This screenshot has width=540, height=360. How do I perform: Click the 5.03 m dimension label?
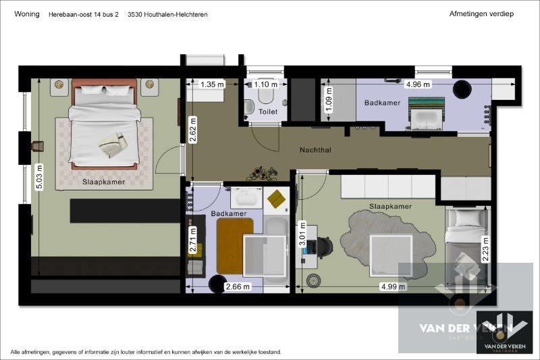(39, 177)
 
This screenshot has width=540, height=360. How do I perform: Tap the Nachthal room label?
(315, 150)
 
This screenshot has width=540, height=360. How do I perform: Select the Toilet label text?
(268, 111)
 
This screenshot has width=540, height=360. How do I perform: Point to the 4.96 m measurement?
(418, 84)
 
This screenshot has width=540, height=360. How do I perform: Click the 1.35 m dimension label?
(212, 84)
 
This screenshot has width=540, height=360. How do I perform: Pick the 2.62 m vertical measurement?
(193, 130)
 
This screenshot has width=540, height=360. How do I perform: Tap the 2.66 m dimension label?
(238, 286)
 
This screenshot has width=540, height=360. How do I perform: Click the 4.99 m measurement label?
(393, 286)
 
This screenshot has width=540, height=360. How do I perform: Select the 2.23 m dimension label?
(485, 250)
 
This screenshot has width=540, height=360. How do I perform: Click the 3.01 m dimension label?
(302, 234)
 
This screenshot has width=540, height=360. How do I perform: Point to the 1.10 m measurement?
(265, 84)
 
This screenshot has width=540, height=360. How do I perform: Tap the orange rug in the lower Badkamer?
(235, 246)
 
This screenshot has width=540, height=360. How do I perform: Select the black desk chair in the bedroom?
(324, 247)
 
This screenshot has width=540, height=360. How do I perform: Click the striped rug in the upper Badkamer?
(426, 105)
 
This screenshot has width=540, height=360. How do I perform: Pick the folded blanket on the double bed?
(113, 145)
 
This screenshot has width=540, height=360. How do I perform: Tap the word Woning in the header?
(27, 14)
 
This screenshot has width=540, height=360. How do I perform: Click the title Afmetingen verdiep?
(481, 14)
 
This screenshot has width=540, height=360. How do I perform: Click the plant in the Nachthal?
(262, 174)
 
